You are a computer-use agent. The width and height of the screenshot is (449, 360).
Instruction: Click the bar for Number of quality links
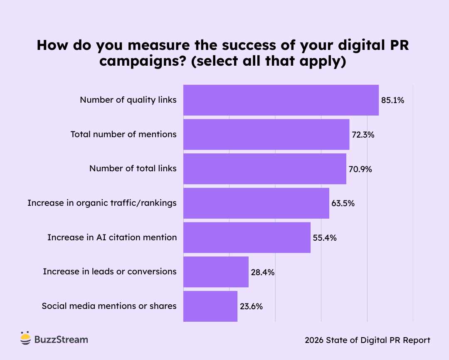coord(281,100)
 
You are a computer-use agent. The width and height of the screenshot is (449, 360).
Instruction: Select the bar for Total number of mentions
coord(266,134)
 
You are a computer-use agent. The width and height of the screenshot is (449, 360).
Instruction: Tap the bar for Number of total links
coord(264,169)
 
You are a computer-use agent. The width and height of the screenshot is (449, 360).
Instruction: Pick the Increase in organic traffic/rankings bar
coord(256,203)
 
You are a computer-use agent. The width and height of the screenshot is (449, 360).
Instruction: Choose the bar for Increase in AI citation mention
coord(247,237)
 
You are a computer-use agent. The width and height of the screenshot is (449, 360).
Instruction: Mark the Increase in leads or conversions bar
coord(216,272)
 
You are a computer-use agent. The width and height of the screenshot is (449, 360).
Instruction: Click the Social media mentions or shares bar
coord(210,306)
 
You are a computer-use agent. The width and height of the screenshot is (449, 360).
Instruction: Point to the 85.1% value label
coord(392,100)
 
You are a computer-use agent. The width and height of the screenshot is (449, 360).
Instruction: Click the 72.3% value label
coord(363,135)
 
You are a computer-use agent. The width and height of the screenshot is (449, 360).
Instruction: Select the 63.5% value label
coord(343,204)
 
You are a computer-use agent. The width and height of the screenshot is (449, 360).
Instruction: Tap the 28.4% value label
coord(262,272)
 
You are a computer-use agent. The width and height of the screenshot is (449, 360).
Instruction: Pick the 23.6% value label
coord(251,307)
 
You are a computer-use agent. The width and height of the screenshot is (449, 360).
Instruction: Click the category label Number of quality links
coord(128,100)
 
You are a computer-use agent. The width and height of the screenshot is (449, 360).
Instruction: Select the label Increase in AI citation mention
coord(112,237)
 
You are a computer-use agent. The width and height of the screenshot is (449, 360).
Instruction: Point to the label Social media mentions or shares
coord(109,306)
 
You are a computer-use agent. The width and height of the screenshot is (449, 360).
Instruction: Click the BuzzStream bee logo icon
coord(26,338)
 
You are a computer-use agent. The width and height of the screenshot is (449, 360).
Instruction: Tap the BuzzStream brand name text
coord(61,340)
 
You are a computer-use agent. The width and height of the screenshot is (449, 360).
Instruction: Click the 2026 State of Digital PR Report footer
coord(367,340)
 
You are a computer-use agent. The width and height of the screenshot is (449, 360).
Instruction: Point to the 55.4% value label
coord(324,238)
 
